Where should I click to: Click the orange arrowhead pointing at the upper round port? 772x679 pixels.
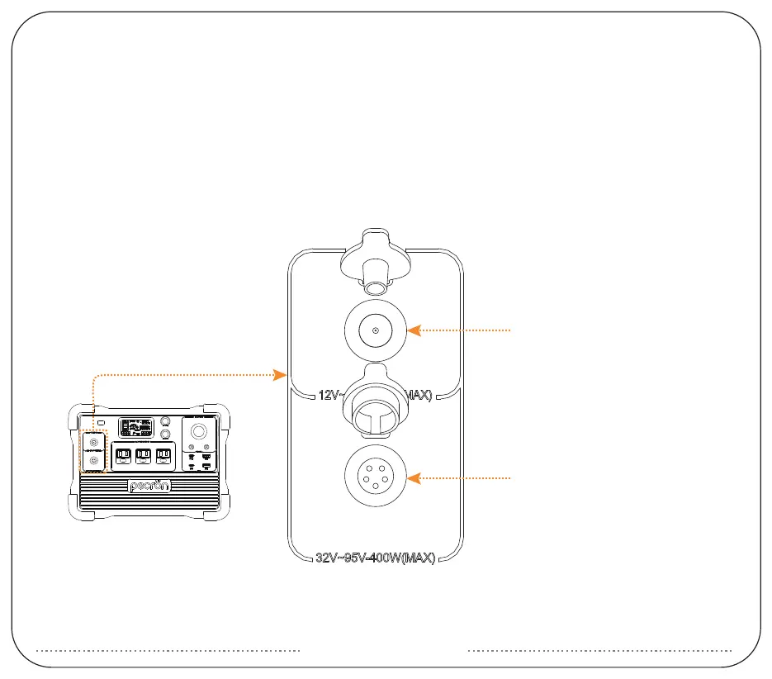(x=414, y=330)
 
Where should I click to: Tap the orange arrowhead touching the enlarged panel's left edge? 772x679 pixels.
(x=281, y=376)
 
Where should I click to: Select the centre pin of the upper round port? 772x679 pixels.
(x=376, y=330)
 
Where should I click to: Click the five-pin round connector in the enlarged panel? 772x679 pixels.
(x=376, y=478)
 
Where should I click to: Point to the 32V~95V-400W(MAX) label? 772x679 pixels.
(x=376, y=558)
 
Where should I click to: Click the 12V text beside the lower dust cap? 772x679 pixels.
(x=328, y=396)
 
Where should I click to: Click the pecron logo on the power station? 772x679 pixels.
(x=149, y=486)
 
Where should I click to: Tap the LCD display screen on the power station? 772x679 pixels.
(x=134, y=428)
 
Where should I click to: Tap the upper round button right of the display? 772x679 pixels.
(x=166, y=420)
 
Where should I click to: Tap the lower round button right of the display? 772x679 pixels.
(x=166, y=434)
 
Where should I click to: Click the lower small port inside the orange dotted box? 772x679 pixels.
(x=93, y=460)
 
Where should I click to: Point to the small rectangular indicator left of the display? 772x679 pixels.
(x=100, y=423)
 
